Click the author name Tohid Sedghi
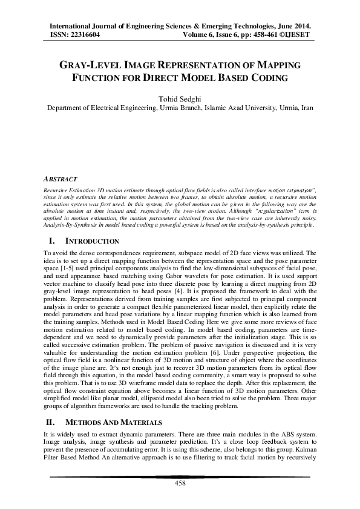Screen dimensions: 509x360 pyautogui.click(x=180, y=99)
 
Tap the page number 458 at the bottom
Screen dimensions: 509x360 pyautogui.click(x=180, y=483)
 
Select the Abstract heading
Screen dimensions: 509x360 pyautogui.click(x=61, y=180)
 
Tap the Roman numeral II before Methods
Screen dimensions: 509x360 pyautogui.click(x=51, y=421)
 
